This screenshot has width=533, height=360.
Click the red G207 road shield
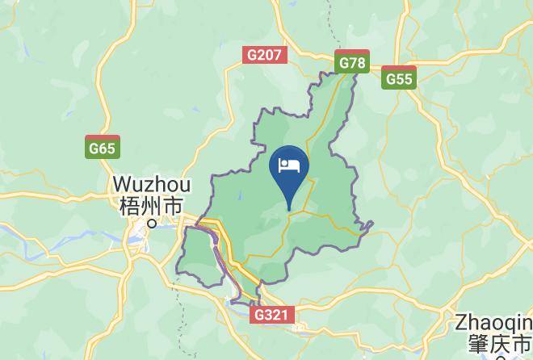[x=264, y=56]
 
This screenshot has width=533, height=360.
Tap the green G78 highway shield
[x=353, y=63]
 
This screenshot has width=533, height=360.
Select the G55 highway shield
[x=400, y=78]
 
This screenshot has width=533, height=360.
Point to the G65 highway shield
[x=103, y=148]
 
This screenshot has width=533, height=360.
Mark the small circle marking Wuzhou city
[x=150, y=224]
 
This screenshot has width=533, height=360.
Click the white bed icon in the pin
[x=289, y=165]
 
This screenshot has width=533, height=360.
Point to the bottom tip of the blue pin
[x=289, y=211]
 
